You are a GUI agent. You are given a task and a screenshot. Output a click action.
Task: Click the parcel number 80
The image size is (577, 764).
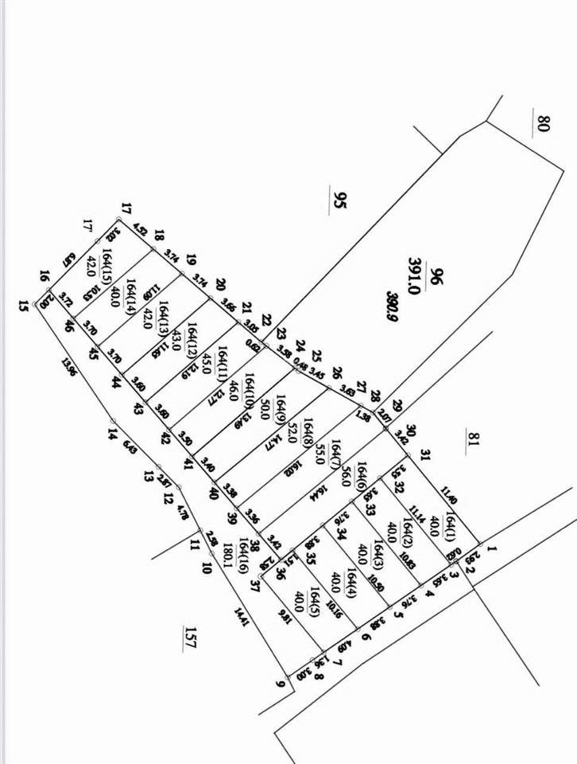pos(544,124)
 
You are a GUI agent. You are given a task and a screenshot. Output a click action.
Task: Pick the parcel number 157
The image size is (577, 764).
pos(189,638)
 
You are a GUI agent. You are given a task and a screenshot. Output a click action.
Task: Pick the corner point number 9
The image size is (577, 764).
pos(280,682)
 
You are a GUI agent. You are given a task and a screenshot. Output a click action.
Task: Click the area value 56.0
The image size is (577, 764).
pos(345,476)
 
